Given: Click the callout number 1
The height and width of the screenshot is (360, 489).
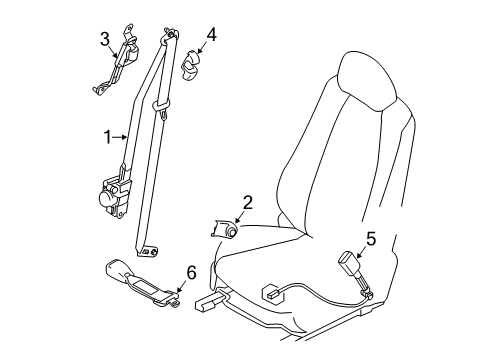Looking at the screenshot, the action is tap(108, 137).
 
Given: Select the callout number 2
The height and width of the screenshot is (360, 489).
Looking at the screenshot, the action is tap(247, 203).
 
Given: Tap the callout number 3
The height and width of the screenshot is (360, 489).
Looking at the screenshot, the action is tap(105, 39).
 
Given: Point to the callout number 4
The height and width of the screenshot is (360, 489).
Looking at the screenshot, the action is tap(212, 35).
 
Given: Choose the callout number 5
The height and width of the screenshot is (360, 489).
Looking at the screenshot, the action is tap(371, 239).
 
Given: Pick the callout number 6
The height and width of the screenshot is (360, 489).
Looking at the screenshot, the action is tap(191, 273).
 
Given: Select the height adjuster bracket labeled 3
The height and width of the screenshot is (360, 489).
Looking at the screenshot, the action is tap(116, 59).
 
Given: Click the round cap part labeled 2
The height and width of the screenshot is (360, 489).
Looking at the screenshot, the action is tap(224, 229).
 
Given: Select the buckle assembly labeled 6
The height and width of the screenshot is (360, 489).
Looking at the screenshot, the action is tap(143, 282).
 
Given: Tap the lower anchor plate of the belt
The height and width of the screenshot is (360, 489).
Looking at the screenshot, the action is tap(149, 251).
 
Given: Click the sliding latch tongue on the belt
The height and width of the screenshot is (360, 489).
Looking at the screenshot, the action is tap(162, 108).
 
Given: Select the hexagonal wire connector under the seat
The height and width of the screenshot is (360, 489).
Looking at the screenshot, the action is tap(273, 293).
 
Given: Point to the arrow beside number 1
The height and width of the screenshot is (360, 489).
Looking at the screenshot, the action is tap(120, 137).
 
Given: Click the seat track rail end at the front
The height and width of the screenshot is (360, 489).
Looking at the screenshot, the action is tap(207, 302).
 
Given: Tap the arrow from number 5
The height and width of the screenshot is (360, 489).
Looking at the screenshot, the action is tap(360, 253).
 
